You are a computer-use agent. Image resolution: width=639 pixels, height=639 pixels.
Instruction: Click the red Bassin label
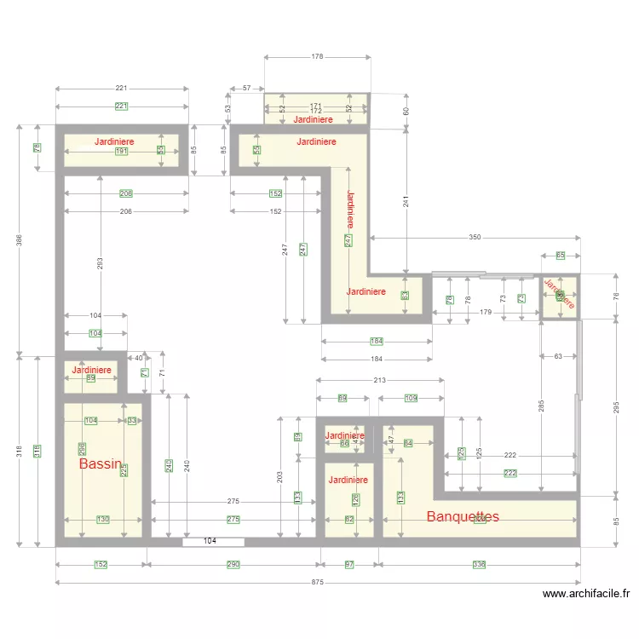tap(100, 464)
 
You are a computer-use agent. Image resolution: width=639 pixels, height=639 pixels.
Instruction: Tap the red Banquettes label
tap(463, 516)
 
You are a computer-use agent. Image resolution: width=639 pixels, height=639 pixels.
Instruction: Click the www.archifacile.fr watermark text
tap(585, 594)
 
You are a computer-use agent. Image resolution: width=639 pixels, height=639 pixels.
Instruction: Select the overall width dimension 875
tap(319, 582)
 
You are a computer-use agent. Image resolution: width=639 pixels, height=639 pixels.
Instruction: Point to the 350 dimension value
tap(475, 237)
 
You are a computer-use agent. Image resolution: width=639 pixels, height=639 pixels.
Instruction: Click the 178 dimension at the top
tap(317, 57)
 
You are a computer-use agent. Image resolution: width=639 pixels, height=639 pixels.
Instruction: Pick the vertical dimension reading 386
tap(18, 241)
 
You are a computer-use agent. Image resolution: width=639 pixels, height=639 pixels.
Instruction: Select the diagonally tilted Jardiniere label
tap(560, 294)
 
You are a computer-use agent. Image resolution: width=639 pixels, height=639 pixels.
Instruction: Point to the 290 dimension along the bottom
tap(233, 564)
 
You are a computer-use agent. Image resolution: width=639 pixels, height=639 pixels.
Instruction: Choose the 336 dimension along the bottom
tap(479, 564)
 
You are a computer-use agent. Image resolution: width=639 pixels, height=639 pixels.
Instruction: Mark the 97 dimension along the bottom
tap(349, 564)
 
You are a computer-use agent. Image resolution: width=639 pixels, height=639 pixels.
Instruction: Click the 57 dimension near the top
tap(246, 89)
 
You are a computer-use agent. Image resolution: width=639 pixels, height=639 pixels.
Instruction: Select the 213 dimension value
tap(379, 380)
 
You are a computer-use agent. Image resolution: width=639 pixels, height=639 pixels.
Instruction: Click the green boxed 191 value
tap(122, 152)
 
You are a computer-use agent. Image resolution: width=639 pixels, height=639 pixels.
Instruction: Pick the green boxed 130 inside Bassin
tap(102, 520)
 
